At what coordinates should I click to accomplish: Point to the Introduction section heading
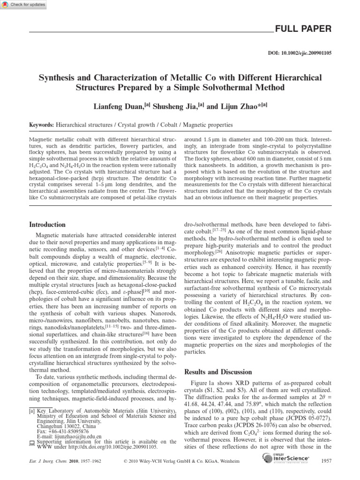pyautogui.click(x=47, y=225)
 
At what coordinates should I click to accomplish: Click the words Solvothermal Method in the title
pyautogui.click(x=244, y=87)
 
